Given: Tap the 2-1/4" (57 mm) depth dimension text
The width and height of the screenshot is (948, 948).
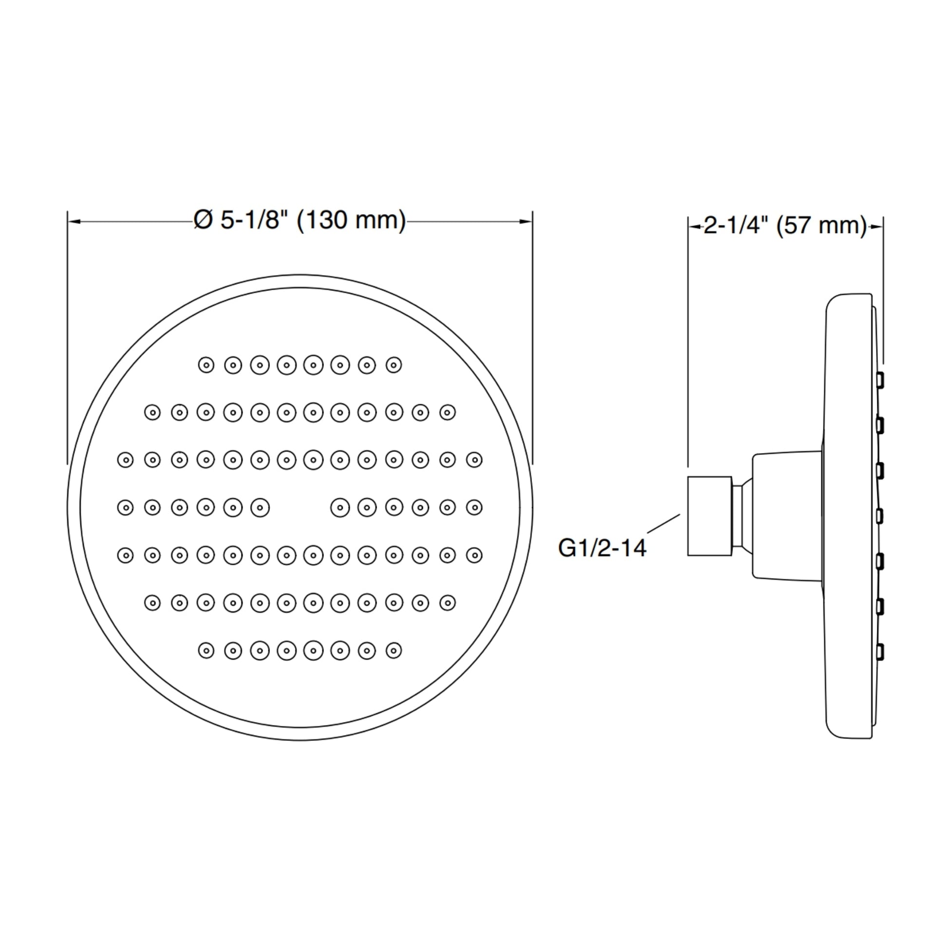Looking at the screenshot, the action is (x=785, y=225).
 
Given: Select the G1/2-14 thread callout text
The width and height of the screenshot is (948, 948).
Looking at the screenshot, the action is (x=602, y=548).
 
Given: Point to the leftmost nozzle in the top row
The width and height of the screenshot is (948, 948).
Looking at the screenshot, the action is (x=206, y=365).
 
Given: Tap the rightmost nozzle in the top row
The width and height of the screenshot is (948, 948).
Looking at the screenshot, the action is (x=394, y=365).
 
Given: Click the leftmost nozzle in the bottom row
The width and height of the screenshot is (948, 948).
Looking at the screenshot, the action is (x=206, y=651).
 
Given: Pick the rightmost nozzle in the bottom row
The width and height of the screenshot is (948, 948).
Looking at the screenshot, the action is (x=394, y=651).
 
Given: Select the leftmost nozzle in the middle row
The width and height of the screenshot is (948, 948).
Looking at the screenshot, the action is (x=126, y=507).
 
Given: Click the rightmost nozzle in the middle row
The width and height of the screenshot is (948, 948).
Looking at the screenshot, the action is (x=474, y=507).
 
